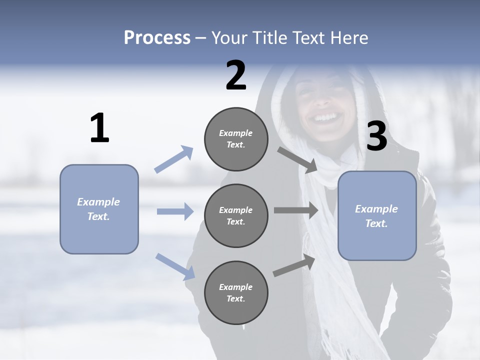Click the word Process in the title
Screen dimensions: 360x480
tap(157, 38)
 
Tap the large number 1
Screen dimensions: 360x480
tap(99, 128)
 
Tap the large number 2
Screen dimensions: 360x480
tap(236, 75)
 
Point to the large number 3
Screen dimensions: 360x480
tap(376, 136)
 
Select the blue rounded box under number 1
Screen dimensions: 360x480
tap(99, 209)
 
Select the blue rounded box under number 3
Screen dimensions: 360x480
tap(377, 216)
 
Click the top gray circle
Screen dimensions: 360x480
tap(236, 139)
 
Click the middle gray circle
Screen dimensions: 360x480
tap(236, 215)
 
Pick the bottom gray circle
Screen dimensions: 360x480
tap(236, 292)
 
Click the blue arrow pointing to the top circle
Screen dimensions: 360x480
tap(174, 159)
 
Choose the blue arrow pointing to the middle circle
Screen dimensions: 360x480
tap(175, 211)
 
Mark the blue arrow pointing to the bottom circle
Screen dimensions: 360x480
tap(175, 266)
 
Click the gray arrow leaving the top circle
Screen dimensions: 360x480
tap(298, 159)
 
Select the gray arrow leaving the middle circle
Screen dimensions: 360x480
tap(296, 210)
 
